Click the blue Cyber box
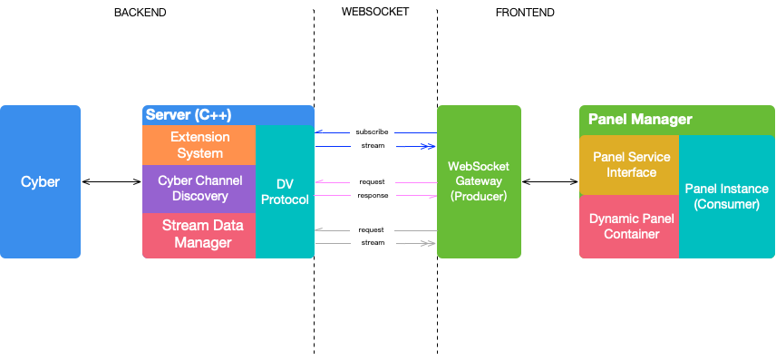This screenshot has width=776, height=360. click(40, 181)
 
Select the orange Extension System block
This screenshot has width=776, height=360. click(199, 145)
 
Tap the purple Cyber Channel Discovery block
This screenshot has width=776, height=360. click(199, 189)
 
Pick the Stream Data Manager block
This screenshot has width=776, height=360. click(199, 235)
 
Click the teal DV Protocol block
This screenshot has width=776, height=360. click(285, 191)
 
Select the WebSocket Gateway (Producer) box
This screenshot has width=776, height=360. click(479, 181)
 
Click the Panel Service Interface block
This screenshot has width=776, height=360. click(629, 165)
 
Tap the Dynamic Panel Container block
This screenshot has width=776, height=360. click(629, 227)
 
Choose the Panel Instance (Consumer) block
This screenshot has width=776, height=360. click(726, 197)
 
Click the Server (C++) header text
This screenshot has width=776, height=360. click(189, 115)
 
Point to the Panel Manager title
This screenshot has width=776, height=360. click(640, 120)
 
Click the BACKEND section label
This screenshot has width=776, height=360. click(140, 13)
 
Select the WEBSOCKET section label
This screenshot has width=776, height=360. click(375, 12)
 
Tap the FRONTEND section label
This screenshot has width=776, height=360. click(525, 13)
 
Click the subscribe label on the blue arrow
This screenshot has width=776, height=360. click(373, 132)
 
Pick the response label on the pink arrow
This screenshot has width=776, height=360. click(373, 196)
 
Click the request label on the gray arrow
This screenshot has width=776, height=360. click(372, 230)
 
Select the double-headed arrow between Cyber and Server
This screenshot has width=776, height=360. click(112, 181)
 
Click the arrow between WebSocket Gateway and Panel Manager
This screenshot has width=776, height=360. click(550, 181)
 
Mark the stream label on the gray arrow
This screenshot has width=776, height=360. click(373, 243)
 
